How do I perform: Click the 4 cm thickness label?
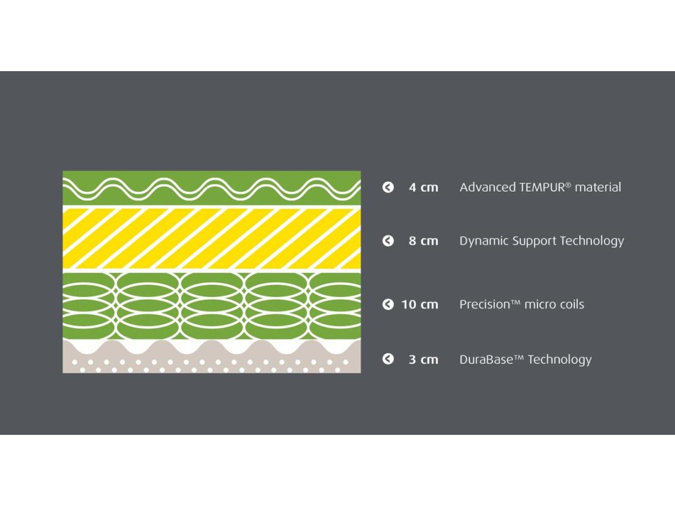(x=423, y=187)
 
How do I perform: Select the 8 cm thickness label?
(x=423, y=241)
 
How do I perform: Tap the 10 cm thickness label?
(x=420, y=304)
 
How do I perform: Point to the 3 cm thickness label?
(x=423, y=360)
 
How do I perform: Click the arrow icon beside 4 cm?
(x=388, y=187)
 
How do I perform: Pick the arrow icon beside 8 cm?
(x=388, y=241)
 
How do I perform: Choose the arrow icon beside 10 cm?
(x=388, y=304)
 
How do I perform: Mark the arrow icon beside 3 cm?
(x=388, y=359)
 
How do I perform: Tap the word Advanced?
(x=488, y=187)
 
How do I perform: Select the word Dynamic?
(x=484, y=241)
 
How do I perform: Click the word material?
(x=598, y=187)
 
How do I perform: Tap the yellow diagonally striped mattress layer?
(x=212, y=239)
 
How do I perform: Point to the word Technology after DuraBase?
(x=560, y=360)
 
